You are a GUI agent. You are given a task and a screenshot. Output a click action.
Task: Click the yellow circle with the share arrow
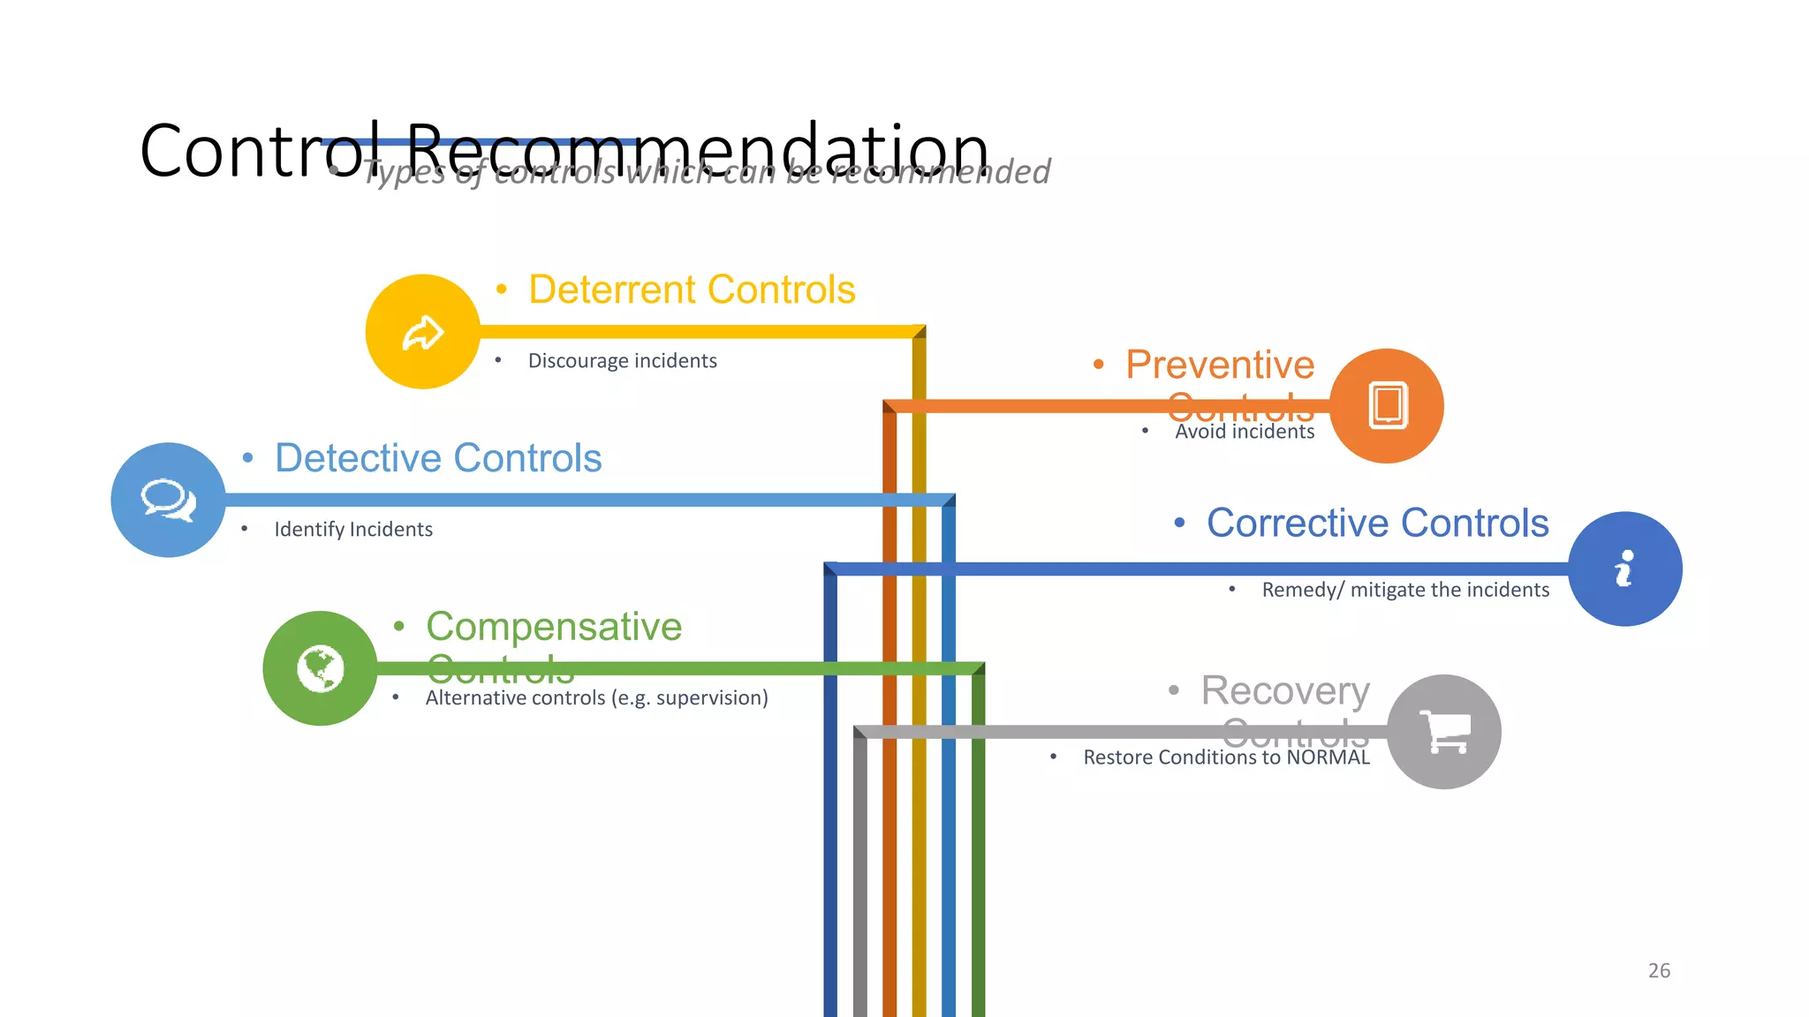click(423, 332)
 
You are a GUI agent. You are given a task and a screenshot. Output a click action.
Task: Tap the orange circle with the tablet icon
click(1387, 406)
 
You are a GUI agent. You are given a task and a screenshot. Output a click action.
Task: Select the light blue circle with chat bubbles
click(168, 500)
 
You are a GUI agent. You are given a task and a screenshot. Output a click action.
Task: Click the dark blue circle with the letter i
click(1625, 569)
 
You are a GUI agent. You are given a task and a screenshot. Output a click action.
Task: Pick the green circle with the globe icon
click(320, 668)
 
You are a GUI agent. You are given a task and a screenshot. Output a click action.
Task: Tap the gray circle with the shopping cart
click(1444, 732)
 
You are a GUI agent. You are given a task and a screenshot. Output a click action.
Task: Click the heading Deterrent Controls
click(692, 290)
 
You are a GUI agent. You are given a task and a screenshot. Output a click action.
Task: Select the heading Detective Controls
click(438, 458)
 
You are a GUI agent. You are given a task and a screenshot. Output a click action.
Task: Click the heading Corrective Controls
click(1378, 523)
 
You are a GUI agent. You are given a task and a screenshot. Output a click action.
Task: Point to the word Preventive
click(1220, 365)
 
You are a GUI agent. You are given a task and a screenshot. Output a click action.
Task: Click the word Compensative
click(554, 627)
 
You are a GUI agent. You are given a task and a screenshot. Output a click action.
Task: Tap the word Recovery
click(1285, 690)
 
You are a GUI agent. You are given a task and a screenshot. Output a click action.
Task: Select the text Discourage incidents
click(622, 361)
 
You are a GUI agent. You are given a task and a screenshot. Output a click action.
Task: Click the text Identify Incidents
click(353, 530)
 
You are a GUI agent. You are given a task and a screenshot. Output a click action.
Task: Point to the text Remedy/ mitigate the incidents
click(1405, 590)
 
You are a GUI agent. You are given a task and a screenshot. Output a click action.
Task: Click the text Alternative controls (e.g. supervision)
click(597, 698)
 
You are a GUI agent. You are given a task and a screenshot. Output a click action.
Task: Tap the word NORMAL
click(1328, 757)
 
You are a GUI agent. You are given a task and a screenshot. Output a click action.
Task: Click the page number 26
click(1659, 971)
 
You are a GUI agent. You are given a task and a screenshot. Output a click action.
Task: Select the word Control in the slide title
click(252, 152)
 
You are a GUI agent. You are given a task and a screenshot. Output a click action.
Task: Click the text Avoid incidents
click(1245, 432)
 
